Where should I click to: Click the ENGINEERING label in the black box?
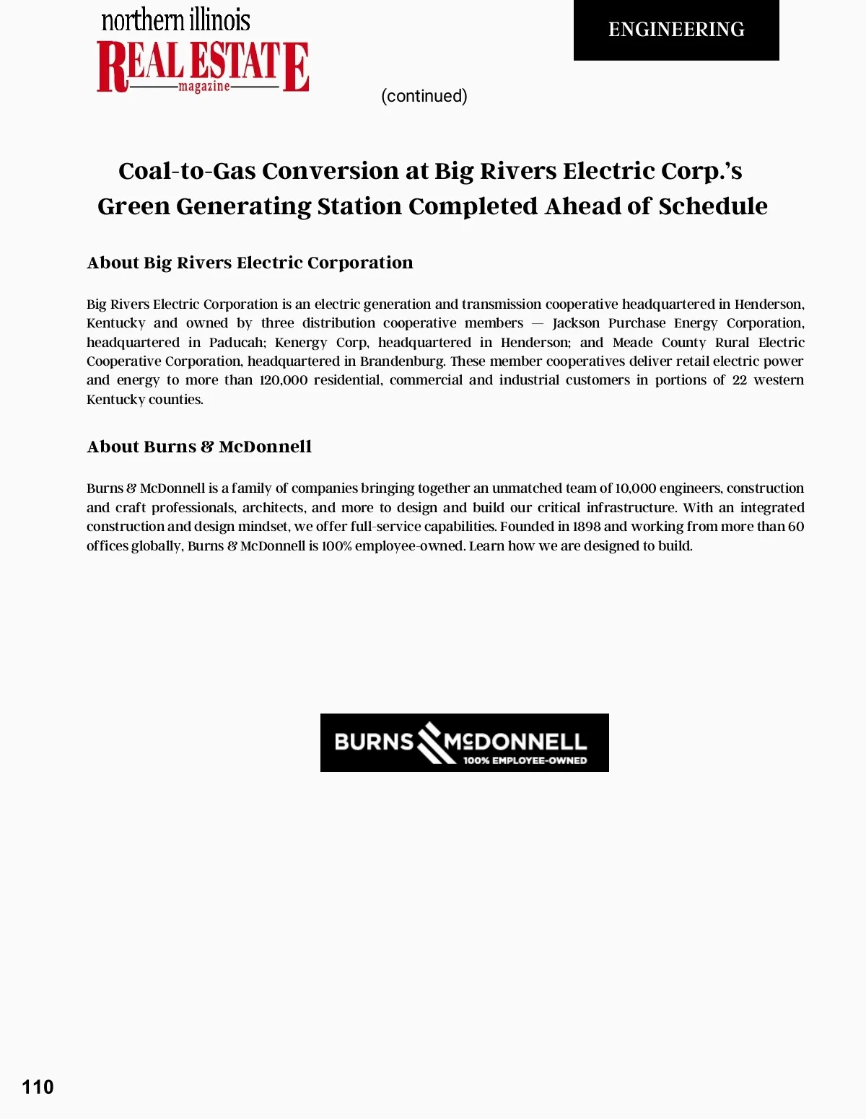tap(676, 30)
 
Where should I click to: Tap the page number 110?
tap(38, 1087)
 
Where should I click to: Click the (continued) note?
tap(424, 96)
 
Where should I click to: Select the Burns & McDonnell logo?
tap(464, 742)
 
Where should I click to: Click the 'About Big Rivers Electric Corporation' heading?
tap(250, 263)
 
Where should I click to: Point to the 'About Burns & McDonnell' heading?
tap(199, 447)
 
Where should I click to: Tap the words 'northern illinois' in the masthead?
tap(175, 19)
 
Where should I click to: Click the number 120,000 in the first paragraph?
tap(283, 380)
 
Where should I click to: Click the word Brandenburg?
tap(402, 361)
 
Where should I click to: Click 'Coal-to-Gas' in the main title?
tap(187, 171)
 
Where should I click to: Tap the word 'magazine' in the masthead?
tap(204, 87)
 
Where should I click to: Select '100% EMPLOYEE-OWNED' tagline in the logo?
tap(525, 760)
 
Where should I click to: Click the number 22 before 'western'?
tap(739, 380)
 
